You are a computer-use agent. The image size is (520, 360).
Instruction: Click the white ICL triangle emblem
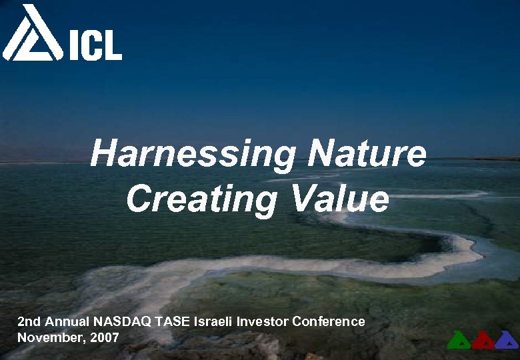pos(32,33)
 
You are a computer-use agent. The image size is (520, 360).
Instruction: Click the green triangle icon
pos(459,340)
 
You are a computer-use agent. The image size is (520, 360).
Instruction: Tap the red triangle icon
pos(483,340)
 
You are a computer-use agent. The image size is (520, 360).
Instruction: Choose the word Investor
pos(261,321)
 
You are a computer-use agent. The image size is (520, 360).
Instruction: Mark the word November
pos(47,337)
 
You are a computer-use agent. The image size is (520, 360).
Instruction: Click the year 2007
pos(105,337)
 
